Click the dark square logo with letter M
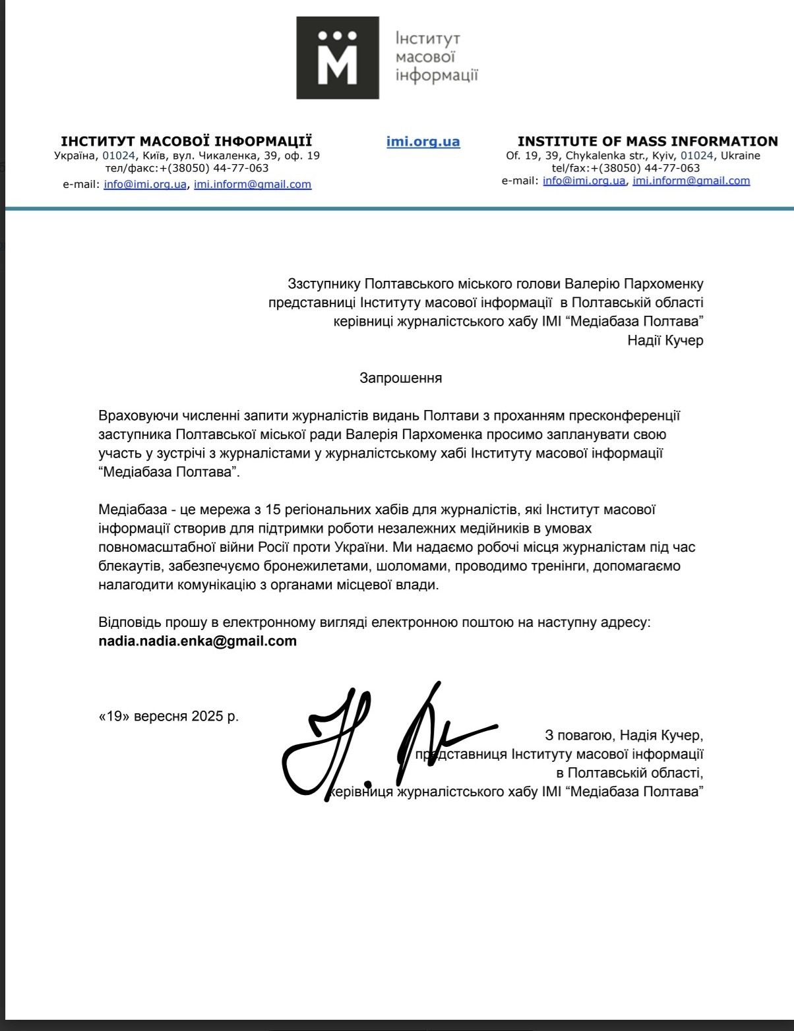click(x=338, y=58)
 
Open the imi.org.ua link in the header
click(x=423, y=142)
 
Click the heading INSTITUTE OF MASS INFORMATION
click(x=648, y=141)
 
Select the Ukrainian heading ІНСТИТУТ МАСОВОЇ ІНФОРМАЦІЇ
click(x=187, y=141)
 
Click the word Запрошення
click(x=400, y=378)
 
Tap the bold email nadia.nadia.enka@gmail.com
click(x=197, y=641)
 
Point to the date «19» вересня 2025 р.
click(x=169, y=716)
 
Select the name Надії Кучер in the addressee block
click(x=665, y=341)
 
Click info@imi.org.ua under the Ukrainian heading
click(x=145, y=185)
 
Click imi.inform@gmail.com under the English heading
click(x=691, y=181)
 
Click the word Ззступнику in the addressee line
click(x=324, y=283)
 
